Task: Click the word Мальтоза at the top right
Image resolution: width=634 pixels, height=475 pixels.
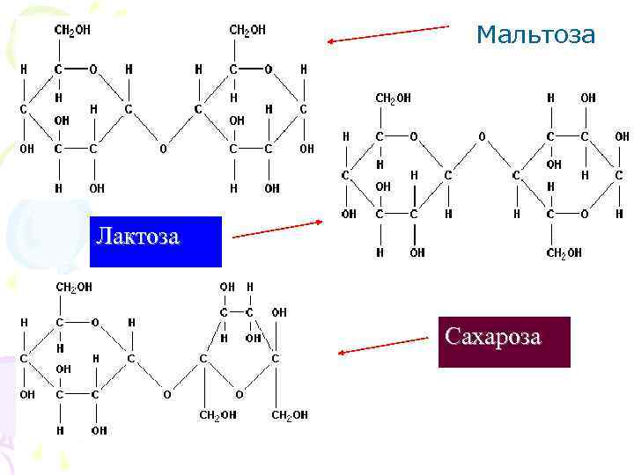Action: [x=535, y=35]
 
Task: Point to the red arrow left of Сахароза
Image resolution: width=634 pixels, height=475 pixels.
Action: [x=383, y=345]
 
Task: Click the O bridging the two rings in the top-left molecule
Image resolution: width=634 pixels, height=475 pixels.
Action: [x=163, y=149]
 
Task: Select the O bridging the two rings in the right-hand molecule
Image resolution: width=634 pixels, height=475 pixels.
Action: [x=482, y=136]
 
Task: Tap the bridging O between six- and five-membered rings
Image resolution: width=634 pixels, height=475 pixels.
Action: [x=166, y=395]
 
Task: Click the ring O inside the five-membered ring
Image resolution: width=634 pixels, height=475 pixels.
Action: [x=239, y=395]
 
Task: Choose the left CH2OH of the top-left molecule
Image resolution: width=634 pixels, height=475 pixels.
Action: [x=72, y=30]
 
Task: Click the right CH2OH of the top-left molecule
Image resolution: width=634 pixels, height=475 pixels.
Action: [x=247, y=30]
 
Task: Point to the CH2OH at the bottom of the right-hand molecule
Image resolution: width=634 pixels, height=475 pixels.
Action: [x=564, y=253]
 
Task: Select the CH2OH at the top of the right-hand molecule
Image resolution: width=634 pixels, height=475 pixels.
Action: [x=393, y=99]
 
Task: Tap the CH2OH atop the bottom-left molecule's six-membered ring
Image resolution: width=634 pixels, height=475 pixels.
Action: [x=74, y=287]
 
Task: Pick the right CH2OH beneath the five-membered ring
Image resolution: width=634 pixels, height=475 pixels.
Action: [x=290, y=415]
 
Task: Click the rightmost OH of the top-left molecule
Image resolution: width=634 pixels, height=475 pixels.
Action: [x=306, y=149]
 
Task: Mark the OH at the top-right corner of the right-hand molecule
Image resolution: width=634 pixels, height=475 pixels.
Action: [x=587, y=99]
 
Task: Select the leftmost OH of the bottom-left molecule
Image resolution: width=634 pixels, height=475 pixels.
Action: [x=27, y=395]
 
